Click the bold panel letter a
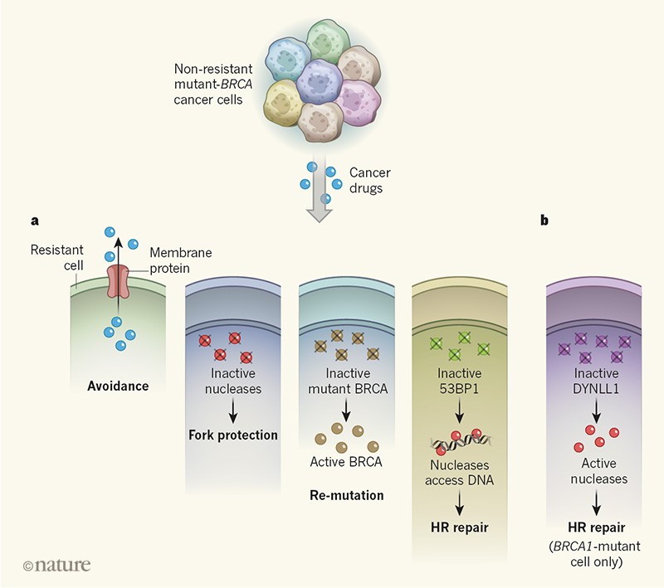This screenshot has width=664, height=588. click(x=35, y=221)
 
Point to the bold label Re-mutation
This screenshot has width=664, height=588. click(x=344, y=496)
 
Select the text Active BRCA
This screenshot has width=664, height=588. click(x=344, y=462)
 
